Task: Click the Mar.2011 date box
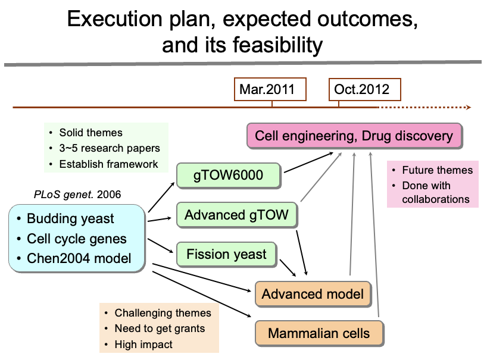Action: pos(271,89)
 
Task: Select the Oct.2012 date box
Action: pos(365,89)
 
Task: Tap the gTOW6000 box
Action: pos(228,175)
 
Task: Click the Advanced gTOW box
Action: pos(236,215)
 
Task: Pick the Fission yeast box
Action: pos(227,255)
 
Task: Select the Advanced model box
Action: pos(312,294)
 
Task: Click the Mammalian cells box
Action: pos(319,333)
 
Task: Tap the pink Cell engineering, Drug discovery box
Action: pos(354,136)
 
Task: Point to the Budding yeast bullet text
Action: pos(70,218)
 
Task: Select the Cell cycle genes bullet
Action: pos(77,239)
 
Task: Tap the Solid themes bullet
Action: pos(90,133)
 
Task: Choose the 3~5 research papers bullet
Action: pos(109,148)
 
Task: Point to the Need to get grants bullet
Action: pos(159,328)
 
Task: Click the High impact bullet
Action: pos(143,344)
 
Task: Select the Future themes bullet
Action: pos(437,170)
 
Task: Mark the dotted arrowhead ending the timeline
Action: pos(469,108)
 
